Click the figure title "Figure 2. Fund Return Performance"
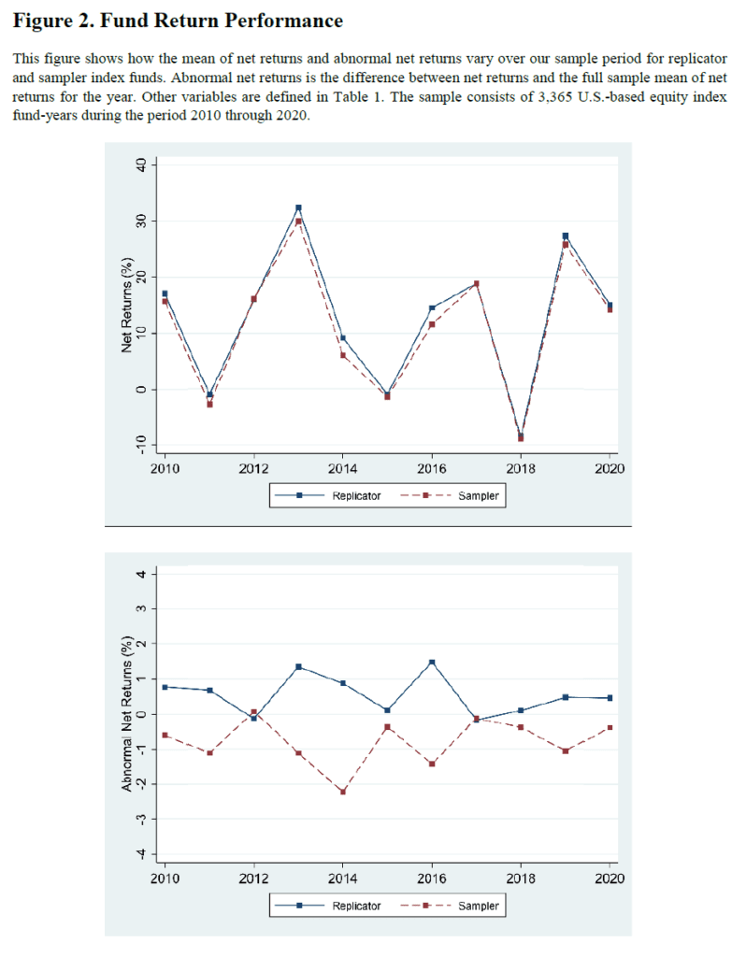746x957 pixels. tap(178, 21)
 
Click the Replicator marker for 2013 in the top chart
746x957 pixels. tap(298, 208)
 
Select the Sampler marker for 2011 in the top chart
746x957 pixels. tap(209, 404)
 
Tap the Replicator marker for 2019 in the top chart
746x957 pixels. tap(566, 236)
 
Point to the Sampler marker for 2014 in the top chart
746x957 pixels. tap(342, 355)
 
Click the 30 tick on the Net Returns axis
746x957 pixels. tap(142, 221)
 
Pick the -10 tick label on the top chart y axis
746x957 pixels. tap(142, 444)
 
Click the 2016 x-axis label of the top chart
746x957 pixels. tap(432, 469)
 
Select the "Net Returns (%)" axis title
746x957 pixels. tap(126, 305)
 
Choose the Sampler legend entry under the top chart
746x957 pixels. tap(450, 495)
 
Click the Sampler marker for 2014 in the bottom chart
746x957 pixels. tap(342, 792)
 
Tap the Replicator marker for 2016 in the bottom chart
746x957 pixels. tap(432, 663)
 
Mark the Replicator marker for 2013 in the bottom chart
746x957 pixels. tap(298, 666)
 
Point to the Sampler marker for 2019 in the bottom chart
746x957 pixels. tap(566, 750)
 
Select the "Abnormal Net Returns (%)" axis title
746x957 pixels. tap(126, 714)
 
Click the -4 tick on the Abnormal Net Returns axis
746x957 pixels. tap(142, 853)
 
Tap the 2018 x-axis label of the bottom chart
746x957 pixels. tap(521, 878)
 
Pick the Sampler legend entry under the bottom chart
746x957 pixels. tap(450, 906)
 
